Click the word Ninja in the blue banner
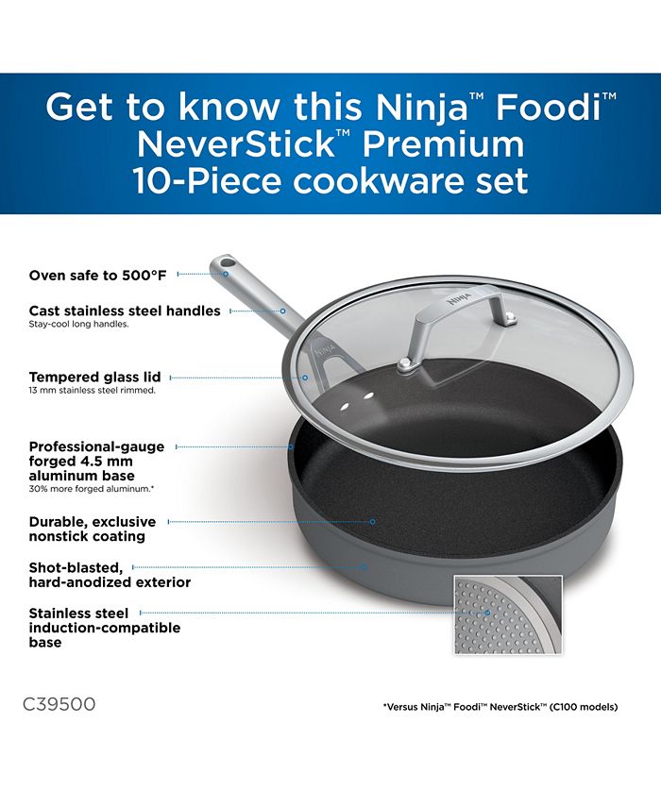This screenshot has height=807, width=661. coord(421,107)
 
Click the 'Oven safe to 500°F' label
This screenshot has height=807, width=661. coord(98,275)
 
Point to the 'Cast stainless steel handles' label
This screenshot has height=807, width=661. coord(125,311)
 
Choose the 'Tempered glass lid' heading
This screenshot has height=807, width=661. coord(94,377)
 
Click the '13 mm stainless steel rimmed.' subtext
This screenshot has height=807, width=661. coord(93,390)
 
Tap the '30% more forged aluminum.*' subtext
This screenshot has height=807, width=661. coord(91,489)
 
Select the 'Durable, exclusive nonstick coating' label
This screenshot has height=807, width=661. coord(93,529)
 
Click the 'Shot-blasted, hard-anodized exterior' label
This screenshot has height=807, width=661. coord(110,575)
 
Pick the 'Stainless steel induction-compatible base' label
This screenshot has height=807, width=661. coord(105,628)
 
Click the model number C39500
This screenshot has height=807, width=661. coord(59,703)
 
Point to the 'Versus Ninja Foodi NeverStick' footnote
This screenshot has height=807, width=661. coord(500,707)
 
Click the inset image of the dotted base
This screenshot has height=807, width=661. coord(508,615)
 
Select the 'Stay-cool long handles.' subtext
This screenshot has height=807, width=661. coord(78,325)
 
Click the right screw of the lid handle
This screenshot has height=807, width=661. coord(510,317)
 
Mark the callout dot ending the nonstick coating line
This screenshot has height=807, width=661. coord(373,521)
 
